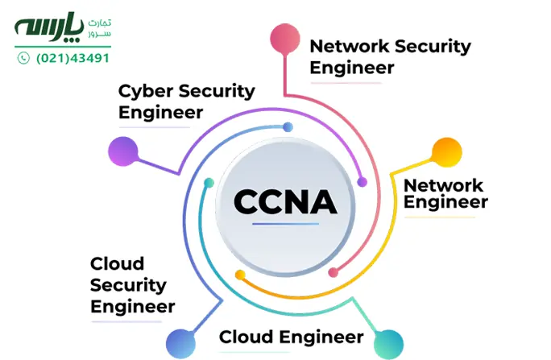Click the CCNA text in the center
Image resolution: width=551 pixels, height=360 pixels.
point(285,201)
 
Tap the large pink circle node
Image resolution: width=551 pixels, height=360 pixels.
point(285,39)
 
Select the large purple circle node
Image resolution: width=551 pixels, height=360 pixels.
point(123,151)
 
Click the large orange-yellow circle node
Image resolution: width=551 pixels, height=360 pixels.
point(446,152)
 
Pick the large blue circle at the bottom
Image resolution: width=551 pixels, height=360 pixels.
point(180,344)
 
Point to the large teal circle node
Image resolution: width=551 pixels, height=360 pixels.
point(388,345)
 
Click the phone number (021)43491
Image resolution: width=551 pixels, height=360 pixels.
point(72,58)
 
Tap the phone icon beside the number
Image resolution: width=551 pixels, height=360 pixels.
point(23,58)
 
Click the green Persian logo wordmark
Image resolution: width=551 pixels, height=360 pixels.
point(49,27)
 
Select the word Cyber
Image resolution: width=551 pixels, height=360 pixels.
point(146,92)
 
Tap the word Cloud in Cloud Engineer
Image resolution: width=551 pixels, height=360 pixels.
point(246,337)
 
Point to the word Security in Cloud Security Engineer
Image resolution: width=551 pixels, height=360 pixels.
point(128,286)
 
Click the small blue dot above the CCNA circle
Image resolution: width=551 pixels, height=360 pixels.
point(288,126)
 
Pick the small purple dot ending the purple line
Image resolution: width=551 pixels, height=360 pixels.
point(362,182)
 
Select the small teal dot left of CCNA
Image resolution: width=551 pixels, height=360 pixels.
point(209,183)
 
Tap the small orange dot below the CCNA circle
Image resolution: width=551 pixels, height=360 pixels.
point(240,275)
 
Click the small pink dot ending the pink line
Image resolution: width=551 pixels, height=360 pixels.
point(333,272)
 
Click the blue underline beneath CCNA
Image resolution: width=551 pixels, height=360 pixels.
point(285,224)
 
